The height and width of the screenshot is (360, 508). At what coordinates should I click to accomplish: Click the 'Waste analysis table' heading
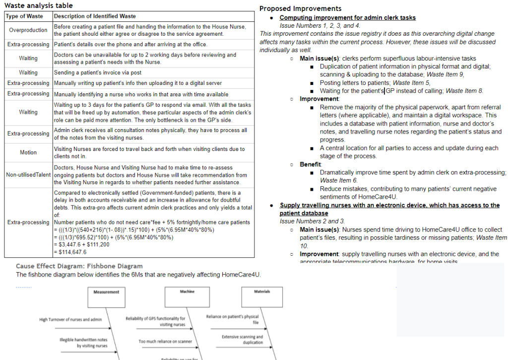coord(38,5)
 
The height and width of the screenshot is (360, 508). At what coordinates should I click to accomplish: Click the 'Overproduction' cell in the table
coord(28,30)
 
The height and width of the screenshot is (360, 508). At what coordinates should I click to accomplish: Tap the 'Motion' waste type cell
coord(28,152)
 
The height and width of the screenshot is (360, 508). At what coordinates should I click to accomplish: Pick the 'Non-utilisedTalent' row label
coord(28,175)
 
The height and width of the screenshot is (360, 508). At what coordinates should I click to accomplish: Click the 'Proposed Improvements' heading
coord(300,8)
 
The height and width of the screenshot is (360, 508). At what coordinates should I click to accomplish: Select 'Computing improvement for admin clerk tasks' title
coord(347,18)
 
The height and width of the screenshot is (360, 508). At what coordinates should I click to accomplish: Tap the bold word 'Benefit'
coord(311,164)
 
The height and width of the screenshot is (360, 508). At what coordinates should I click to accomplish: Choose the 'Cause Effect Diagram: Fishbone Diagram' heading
coord(79,266)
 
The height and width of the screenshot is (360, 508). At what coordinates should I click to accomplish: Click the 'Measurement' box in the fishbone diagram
coord(106,292)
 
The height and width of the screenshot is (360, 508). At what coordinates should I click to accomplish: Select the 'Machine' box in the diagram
coord(187,292)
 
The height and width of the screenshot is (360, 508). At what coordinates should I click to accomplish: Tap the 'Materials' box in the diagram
coord(262,292)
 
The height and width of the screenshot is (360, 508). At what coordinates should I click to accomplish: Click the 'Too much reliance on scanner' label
coord(165,342)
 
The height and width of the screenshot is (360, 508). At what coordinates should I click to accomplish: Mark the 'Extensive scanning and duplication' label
coord(243,340)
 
